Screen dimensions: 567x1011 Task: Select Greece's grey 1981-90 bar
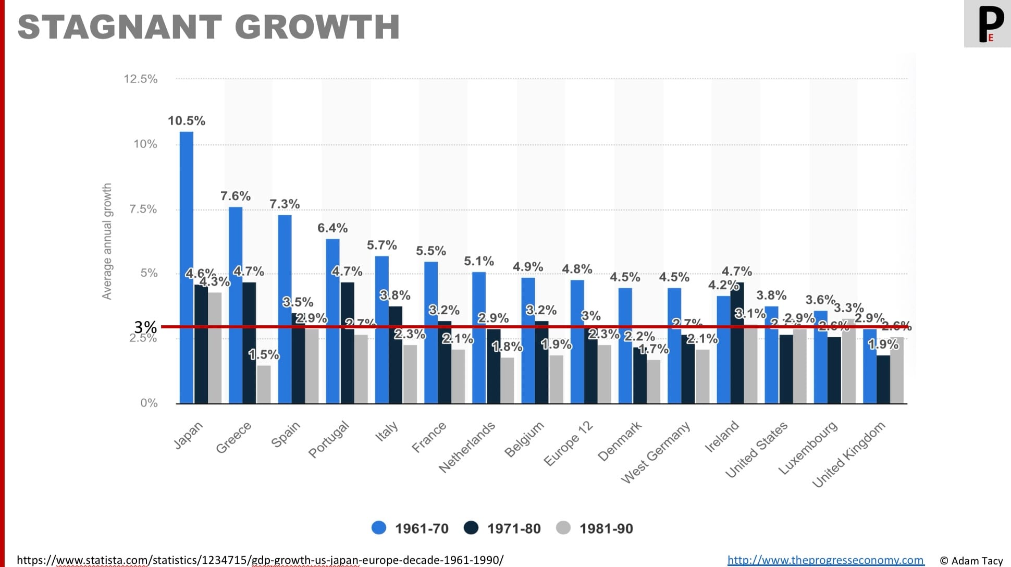coord(264,384)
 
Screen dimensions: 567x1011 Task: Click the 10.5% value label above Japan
coord(187,121)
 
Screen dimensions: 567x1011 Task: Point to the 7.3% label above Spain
coord(285,204)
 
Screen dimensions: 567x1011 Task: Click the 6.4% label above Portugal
coord(332,228)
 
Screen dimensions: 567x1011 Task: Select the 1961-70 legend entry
coord(410,528)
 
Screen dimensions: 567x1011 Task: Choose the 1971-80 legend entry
coord(502,528)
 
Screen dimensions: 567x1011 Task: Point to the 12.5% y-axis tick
coord(140,79)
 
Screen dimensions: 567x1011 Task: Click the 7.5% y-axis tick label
coord(143,209)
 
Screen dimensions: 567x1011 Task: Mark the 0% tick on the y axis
coord(149,403)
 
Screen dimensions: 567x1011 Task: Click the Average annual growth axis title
coord(107,241)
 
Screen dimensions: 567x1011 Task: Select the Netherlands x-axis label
coord(467,447)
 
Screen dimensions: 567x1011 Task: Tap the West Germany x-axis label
coord(656,451)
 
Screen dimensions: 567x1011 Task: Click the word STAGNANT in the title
coord(120,27)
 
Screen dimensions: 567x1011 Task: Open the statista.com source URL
coord(260,560)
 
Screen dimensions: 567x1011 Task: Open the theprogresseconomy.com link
coord(825,560)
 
